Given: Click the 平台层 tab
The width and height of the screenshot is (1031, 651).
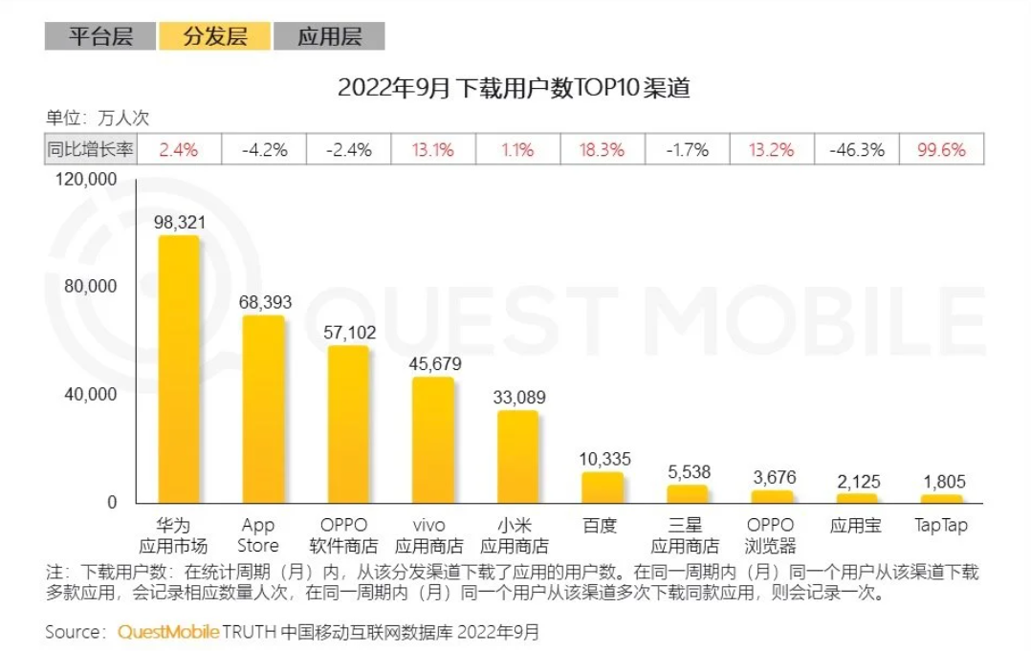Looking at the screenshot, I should click(99, 36).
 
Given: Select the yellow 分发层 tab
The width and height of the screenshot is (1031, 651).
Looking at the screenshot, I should click(215, 36).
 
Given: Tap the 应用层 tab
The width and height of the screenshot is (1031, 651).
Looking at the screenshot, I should click(329, 36).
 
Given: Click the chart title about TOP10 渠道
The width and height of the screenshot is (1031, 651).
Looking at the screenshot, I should click(515, 89).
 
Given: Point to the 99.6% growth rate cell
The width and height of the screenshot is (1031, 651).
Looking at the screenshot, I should click(941, 150).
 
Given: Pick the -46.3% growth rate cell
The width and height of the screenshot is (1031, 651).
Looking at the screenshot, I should click(857, 150).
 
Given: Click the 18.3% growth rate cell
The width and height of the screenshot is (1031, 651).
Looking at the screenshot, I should click(603, 150).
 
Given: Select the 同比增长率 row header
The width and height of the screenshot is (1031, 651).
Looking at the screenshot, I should click(91, 150).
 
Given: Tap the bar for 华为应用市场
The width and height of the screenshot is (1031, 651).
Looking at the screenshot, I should click(179, 369).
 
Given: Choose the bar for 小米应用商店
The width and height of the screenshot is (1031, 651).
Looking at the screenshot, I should click(517, 457).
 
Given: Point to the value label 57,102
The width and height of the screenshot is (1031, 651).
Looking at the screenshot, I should click(349, 333).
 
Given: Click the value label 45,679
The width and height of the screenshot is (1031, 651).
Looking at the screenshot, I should click(433, 364).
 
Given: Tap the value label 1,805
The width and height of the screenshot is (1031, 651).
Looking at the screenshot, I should click(941, 482).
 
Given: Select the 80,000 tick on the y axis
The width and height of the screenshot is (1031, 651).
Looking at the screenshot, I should click(89, 286).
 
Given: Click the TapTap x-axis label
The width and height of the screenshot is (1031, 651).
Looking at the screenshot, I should click(941, 526).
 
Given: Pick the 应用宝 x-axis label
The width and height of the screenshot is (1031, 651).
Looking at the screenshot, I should click(857, 526).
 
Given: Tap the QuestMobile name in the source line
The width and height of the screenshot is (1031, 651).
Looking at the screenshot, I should click(168, 632).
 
